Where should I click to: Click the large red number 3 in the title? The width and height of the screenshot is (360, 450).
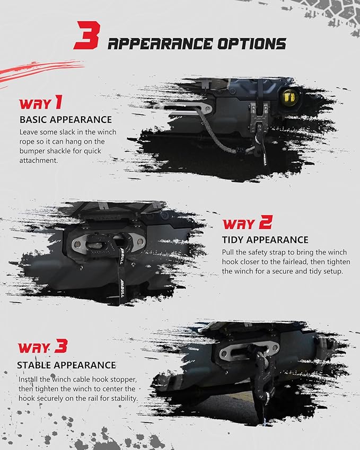[87, 36]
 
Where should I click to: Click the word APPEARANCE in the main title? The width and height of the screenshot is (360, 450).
[160, 44]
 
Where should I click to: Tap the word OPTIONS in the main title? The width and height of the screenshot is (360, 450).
[251, 44]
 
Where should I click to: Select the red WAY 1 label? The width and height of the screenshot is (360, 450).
[40, 103]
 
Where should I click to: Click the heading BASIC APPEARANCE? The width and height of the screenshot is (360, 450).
[66, 120]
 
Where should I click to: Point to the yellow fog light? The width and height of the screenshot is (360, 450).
[289, 98]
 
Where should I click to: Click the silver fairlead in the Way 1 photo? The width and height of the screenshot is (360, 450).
[183, 108]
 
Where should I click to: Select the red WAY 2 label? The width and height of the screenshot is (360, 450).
[248, 223]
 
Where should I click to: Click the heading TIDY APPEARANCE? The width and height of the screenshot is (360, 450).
[265, 240]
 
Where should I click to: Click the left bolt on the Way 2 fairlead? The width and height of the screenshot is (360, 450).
[77, 244]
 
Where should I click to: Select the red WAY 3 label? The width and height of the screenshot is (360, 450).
[43, 347]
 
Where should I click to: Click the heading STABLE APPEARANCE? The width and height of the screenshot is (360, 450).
[67, 365]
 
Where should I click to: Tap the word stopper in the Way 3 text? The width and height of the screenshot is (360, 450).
[122, 380]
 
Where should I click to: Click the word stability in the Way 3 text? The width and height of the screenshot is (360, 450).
[124, 399]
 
